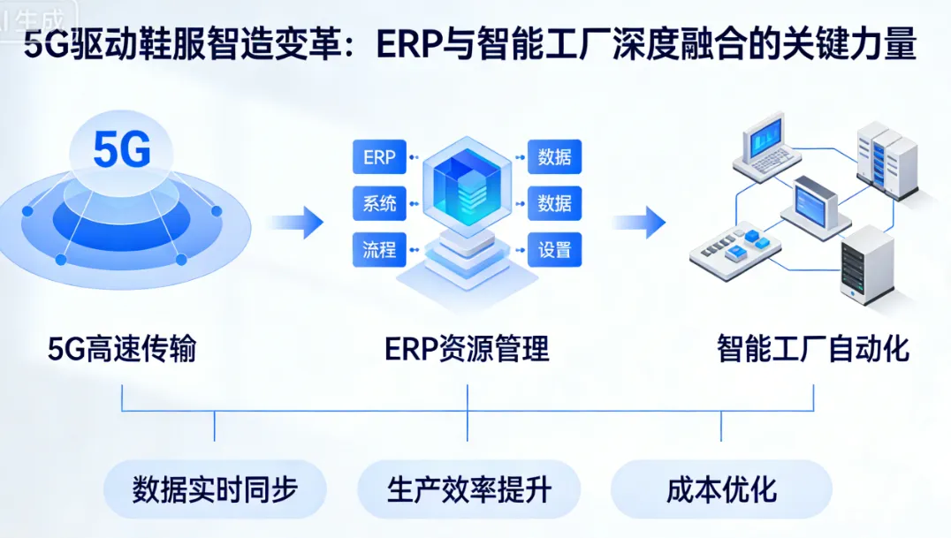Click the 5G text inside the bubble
pyautogui.click(x=122, y=151)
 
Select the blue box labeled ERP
pyautogui.click(x=379, y=158)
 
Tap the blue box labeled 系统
pyautogui.click(x=379, y=203)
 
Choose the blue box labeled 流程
pyautogui.click(x=379, y=249)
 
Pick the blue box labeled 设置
pyautogui.click(x=554, y=249)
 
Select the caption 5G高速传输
pyautogui.click(x=122, y=350)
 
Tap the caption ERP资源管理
pyautogui.click(x=467, y=350)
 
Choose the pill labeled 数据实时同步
pyautogui.click(x=215, y=489)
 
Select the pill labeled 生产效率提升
pyautogui.click(x=468, y=489)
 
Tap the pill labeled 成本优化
pyautogui.click(x=721, y=489)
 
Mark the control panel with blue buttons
pyautogui.click(x=734, y=247)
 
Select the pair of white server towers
pyautogui.click(x=887, y=163)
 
